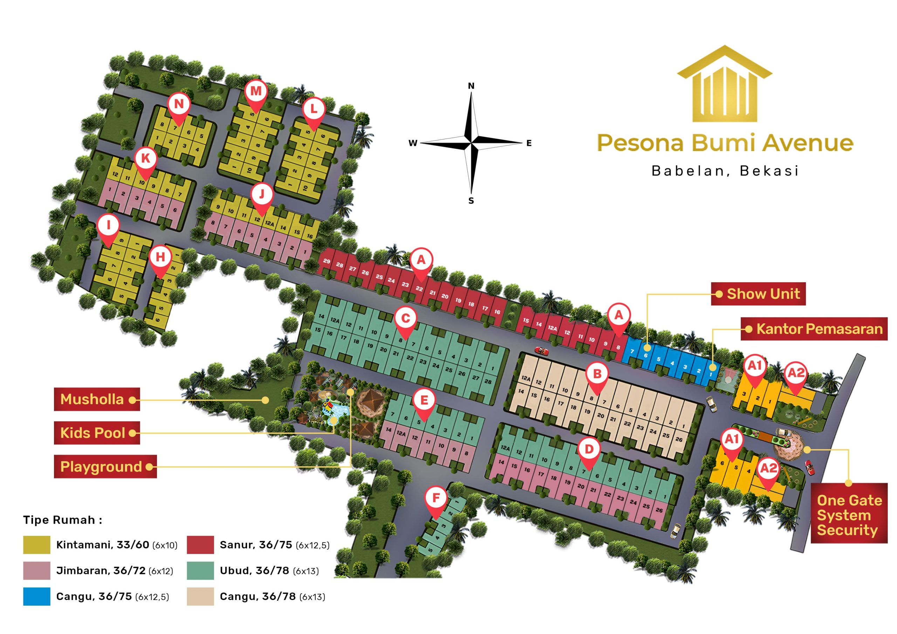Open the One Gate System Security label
pos(849,515)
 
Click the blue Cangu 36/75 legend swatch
pos(36,597)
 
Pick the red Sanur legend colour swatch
pos(200,545)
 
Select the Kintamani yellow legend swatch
pos(36,545)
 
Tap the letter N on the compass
pos(471,86)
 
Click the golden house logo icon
pos(725,84)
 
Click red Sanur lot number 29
pos(327,261)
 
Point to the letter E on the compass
pos(529,143)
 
